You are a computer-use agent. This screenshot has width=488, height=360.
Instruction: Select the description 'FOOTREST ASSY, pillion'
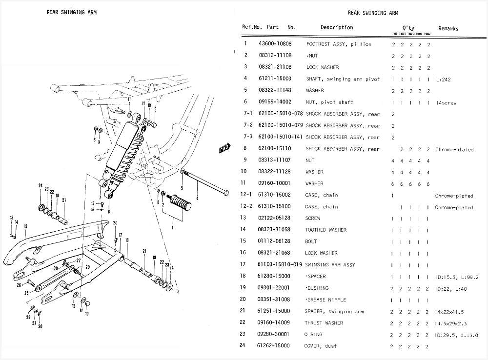tap(339, 44)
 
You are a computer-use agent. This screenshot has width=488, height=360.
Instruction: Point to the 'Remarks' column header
tap(448, 28)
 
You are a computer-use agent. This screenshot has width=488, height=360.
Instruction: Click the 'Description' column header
tap(336, 27)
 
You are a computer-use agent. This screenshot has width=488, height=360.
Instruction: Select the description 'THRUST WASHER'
tap(324, 323)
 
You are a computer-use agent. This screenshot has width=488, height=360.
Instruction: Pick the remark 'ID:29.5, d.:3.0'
tap(456, 335)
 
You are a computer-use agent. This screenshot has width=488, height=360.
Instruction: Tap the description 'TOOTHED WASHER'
tap(325, 230)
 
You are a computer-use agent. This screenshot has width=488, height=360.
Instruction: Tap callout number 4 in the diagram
tap(198, 199)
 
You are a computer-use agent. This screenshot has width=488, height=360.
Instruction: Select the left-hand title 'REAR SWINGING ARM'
tap(71, 12)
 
